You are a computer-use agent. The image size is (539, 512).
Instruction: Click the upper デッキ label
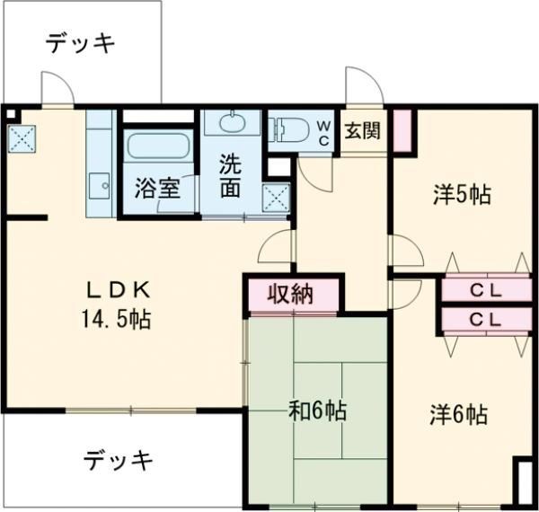(x=81, y=43)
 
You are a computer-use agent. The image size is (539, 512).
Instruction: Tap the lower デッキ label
(x=119, y=461)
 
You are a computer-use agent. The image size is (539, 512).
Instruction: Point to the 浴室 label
(x=157, y=190)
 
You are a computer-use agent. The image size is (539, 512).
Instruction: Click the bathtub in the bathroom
(x=158, y=146)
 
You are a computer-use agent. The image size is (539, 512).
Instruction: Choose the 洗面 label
(x=231, y=177)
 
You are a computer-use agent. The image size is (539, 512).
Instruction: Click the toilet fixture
(x=290, y=131)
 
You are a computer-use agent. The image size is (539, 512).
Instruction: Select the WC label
(x=323, y=133)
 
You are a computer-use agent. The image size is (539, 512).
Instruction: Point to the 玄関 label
(x=363, y=130)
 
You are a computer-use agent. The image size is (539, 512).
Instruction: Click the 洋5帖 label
(x=461, y=195)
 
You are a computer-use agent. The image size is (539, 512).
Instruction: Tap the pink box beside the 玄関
(x=400, y=128)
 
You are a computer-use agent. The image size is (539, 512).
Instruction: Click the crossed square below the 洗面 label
(x=274, y=198)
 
